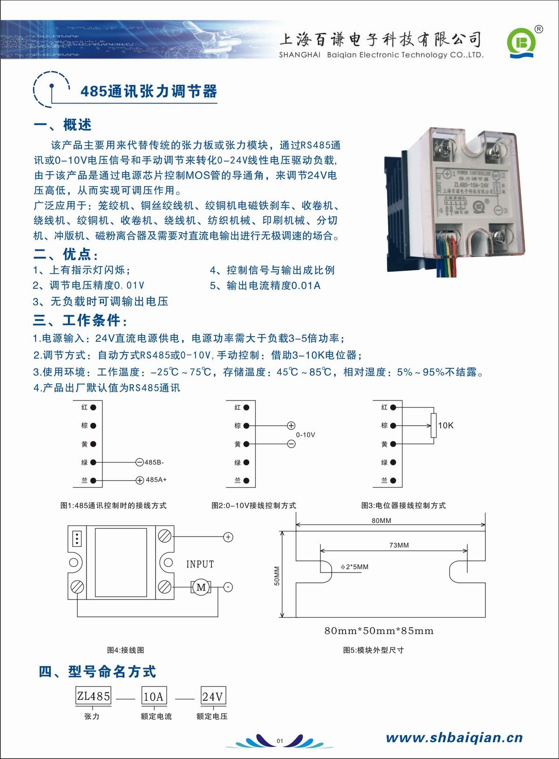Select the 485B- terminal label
(x=154, y=462)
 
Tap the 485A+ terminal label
(x=156, y=480)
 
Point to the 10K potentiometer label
(x=445, y=425)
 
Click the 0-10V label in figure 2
(x=306, y=435)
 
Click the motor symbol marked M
(x=201, y=587)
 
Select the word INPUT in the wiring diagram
(x=200, y=564)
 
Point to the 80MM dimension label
(x=382, y=520)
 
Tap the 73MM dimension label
(x=399, y=545)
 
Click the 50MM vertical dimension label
(x=277, y=576)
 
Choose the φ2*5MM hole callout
(x=354, y=567)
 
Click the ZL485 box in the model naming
(x=94, y=696)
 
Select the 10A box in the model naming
(x=154, y=697)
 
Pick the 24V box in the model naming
(x=213, y=697)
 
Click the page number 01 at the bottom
(x=280, y=741)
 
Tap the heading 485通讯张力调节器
(x=149, y=91)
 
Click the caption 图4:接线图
(x=125, y=650)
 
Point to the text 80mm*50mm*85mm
(x=379, y=631)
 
